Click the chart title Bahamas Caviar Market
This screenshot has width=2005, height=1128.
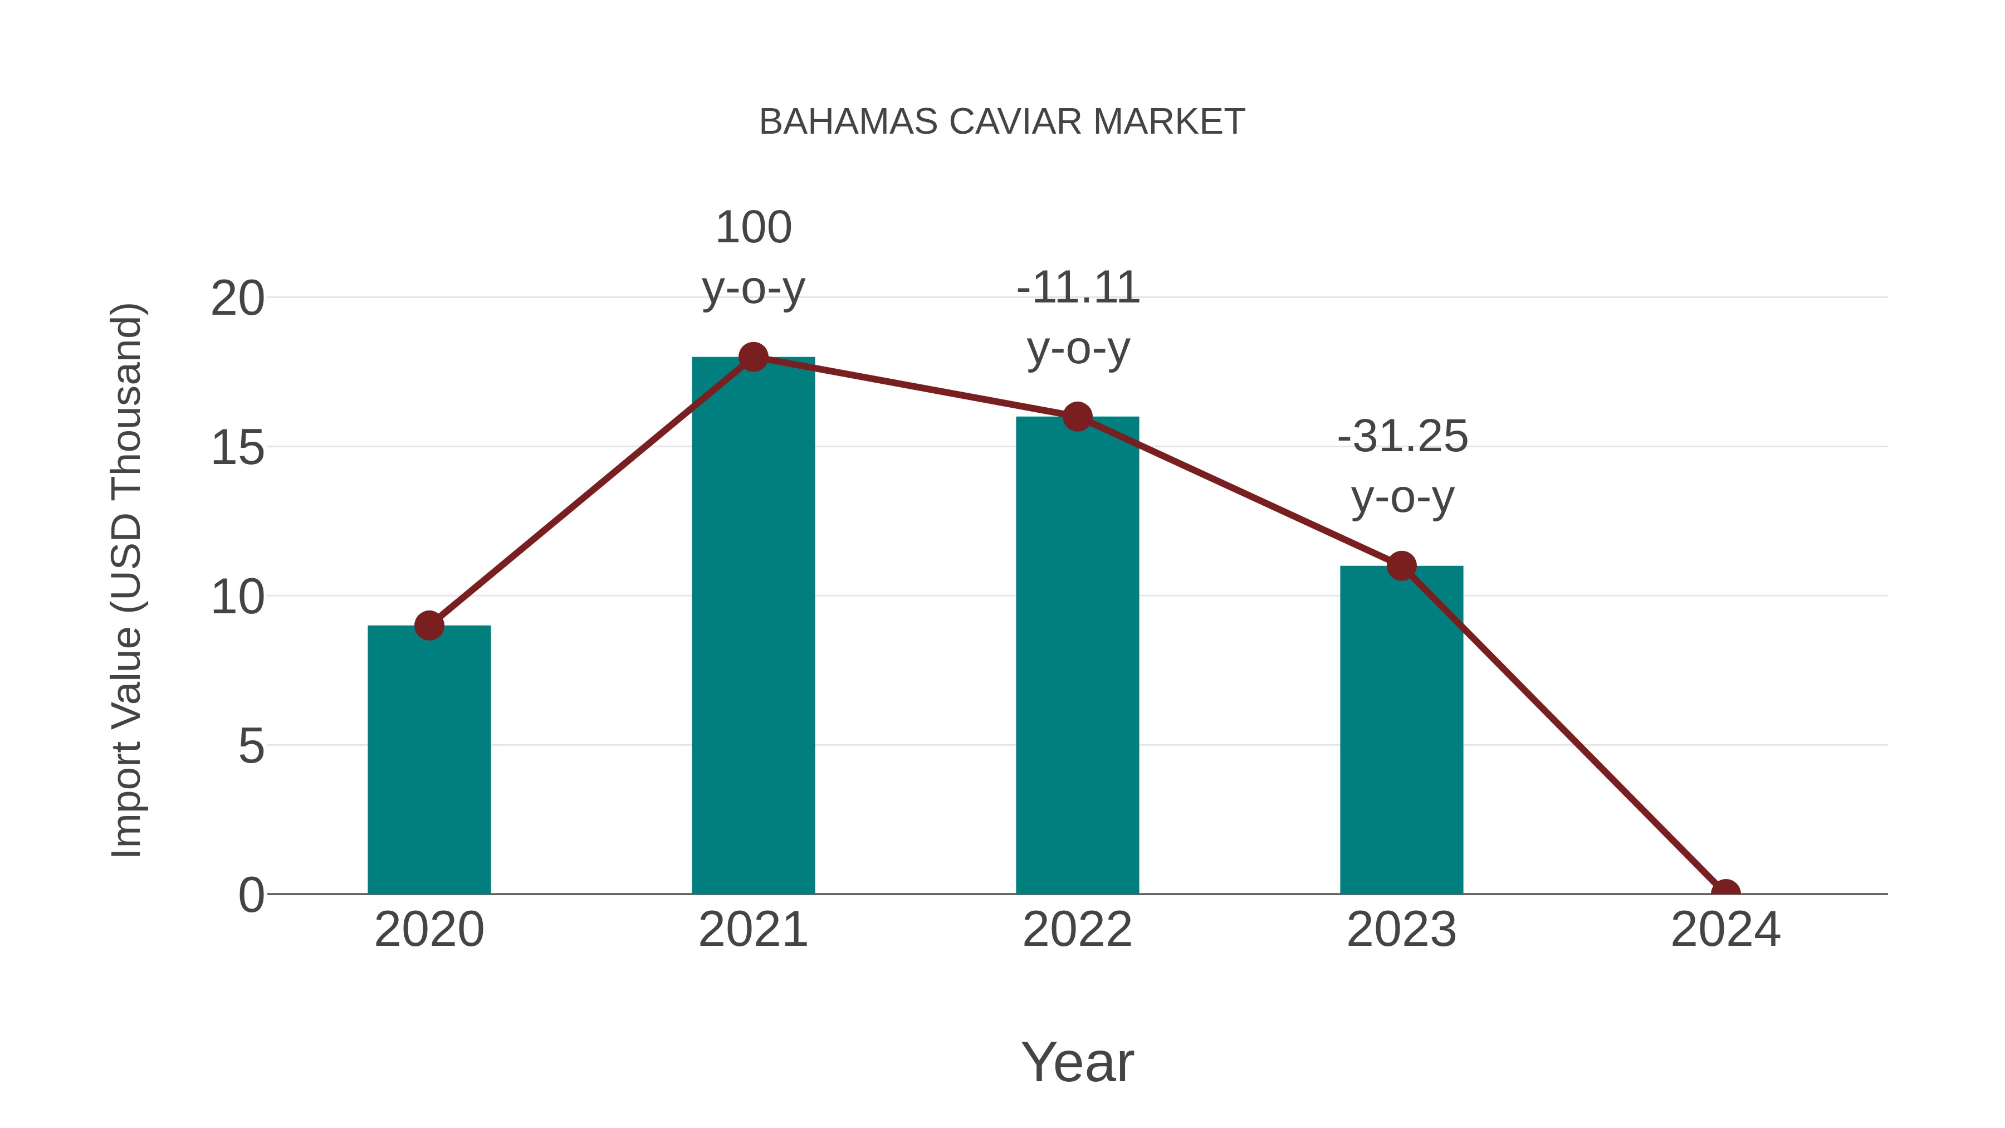click(1002, 122)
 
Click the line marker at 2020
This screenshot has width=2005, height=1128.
click(429, 625)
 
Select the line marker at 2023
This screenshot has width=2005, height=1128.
click(1401, 566)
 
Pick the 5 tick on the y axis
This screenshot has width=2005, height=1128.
click(251, 746)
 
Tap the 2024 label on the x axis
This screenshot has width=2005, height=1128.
click(1725, 930)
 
